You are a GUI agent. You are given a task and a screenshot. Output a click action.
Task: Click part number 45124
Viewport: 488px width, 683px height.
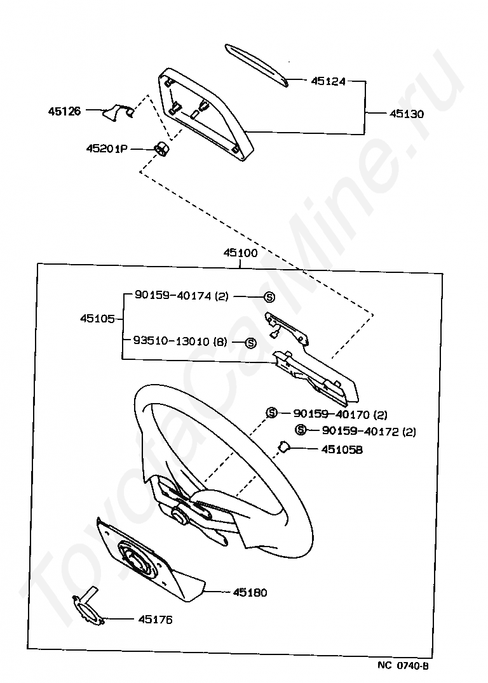coord(328,81)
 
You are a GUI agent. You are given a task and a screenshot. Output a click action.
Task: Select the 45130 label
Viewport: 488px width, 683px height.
coord(407,114)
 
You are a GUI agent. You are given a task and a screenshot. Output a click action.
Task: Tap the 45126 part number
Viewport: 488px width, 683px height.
coord(64,111)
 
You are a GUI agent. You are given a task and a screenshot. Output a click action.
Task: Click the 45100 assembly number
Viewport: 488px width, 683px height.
coord(240,253)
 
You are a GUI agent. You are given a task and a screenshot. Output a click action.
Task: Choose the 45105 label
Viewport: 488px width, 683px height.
coord(97,319)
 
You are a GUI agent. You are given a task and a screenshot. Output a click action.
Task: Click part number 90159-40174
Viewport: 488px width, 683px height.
coord(173,296)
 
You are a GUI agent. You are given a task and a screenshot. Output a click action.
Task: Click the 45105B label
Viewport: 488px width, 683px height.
coord(342,449)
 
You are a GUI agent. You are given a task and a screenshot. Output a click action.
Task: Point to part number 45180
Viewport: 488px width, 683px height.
coord(250,592)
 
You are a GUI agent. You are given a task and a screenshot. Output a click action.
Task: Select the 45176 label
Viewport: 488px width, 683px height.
coord(155,620)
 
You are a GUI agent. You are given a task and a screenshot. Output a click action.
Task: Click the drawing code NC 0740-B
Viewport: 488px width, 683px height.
coord(403,666)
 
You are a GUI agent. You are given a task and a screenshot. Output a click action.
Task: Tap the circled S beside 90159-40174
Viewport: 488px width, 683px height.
coord(269,296)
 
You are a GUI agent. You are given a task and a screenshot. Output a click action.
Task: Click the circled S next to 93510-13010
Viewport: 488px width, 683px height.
coord(250,342)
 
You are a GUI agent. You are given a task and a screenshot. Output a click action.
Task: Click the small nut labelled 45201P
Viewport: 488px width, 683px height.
coord(161,149)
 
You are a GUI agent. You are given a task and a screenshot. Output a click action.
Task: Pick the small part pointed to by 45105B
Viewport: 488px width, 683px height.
coord(284,448)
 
